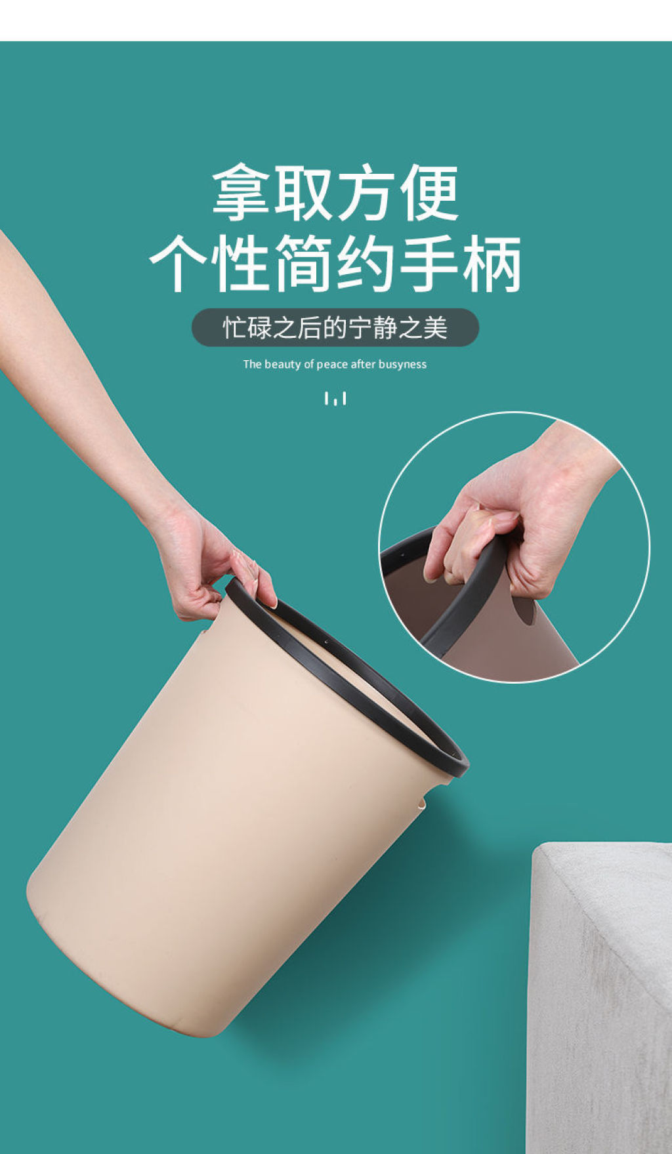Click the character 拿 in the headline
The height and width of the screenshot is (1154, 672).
tap(241, 194)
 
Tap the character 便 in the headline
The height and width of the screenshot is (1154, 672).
tap(430, 194)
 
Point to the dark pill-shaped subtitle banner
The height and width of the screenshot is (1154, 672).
tap(335, 327)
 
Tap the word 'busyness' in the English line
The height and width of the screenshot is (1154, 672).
tap(402, 365)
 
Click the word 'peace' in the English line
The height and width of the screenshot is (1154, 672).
tap(332, 365)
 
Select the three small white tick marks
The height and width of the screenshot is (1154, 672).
tap(335, 398)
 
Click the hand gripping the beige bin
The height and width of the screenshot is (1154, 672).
tap(210, 564)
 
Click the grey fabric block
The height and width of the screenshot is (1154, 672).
tap(600, 997)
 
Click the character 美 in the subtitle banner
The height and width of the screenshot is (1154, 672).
tap(435, 327)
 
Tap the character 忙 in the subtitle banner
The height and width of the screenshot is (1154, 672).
tap(234, 327)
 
